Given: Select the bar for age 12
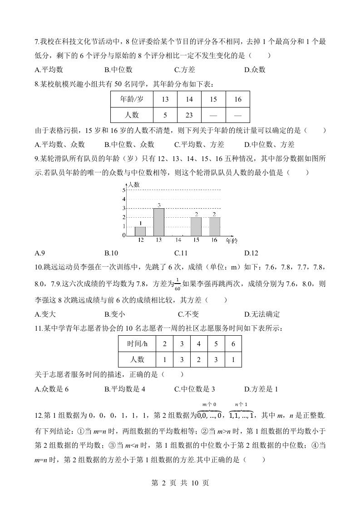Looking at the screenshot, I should coord(140,231).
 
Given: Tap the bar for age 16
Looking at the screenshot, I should coord(214,226).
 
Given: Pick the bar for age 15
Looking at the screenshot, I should coord(196,226).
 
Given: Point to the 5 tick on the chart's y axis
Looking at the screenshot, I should coord(124,190).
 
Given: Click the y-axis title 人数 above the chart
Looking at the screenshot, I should coord(133,184).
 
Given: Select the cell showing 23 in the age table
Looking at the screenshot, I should coord(189,115).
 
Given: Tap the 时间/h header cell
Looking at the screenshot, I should coord(137,344).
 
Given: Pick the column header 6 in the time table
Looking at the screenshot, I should coord(233,344).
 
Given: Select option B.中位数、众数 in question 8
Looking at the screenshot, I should coord(129,145).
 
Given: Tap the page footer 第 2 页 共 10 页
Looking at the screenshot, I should coord(180,483).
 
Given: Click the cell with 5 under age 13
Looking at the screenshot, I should coord(165,115).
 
